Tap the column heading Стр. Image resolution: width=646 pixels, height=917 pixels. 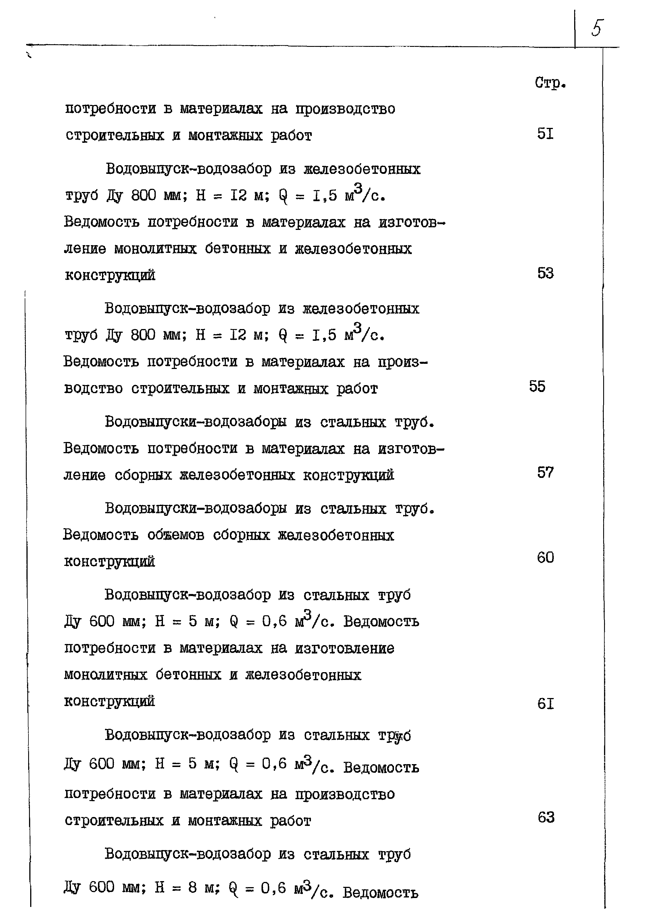point(550,83)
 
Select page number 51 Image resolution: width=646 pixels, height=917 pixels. point(545,134)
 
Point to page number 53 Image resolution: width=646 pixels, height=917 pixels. point(545,273)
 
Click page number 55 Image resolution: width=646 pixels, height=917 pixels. point(537,386)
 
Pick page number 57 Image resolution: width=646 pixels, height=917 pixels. point(545,472)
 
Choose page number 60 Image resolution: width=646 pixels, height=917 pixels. point(545,557)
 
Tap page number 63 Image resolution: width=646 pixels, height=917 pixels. point(546,818)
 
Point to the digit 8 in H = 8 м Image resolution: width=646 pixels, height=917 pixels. point(193,887)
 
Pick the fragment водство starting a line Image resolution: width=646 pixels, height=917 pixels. point(93,389)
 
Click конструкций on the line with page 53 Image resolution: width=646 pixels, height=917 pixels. point(110,276)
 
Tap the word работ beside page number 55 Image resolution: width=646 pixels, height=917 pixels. point(357,389)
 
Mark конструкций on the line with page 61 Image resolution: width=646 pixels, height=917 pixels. point(109,701)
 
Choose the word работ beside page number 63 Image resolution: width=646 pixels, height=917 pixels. point(291,821)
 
